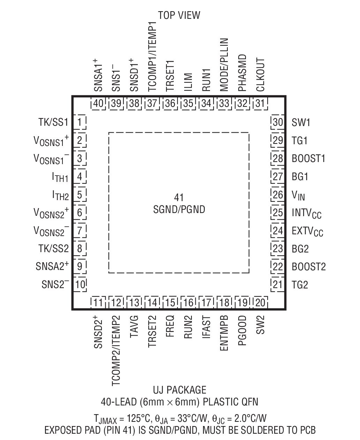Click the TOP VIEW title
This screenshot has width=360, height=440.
[179, 15]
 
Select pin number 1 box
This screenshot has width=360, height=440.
[80, 122]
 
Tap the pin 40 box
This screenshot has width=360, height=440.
[98, 103]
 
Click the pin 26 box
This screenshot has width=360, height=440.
[278, 195]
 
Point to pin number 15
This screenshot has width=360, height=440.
[171, 302]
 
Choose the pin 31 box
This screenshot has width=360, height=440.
[260, 103]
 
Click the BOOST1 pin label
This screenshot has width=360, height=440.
[308, 159]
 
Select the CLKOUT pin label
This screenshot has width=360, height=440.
[260, 74]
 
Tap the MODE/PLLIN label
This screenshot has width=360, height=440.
[224, 65]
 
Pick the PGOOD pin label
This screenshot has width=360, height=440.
[242, 330]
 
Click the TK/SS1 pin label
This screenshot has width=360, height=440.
[53, 122]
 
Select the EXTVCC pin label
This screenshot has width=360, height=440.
[307, 231]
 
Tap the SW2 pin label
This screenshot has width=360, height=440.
[260, 325]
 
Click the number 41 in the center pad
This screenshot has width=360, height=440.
[179, 198]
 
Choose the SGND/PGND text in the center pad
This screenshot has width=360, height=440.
[179, 210]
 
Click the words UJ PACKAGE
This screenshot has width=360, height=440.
[179, 390]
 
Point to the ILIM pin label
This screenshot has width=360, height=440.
[188, 82]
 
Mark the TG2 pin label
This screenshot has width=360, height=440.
[300, 285]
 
